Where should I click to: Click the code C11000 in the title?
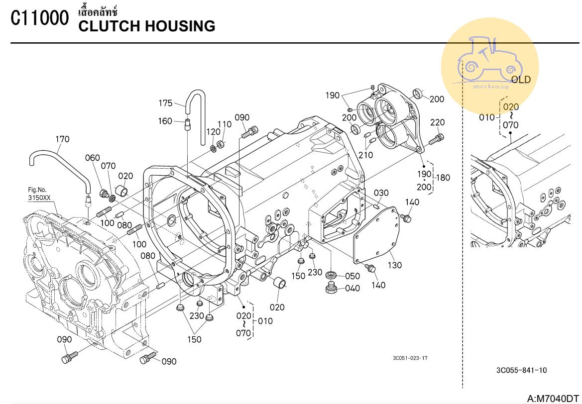pyautogui.click(x=39, y=19)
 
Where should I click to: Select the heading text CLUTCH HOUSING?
pyautogui.click(x=147, y=26)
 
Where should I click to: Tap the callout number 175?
pyautogui.click(x=165, y=103)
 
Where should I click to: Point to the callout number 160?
pyautogui.click(x=165, y=121)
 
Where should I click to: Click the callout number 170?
pyautogui.click(x=62, y=139)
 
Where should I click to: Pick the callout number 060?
pyautogui.click(x=92, y=158)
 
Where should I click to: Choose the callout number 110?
pyautogui.click(x=225, y=124)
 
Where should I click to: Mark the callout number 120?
pyautogui.click(x=213, y=132)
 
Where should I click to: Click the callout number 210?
pyautogui.click(x=366, y=155)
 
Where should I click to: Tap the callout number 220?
pyautogui.click(x=438, y=122)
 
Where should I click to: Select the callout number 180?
pyautogui.click(x=443, y=178)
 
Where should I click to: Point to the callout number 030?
pyautogui.click(x=381, y=193)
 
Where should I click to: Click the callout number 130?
pyautogui.click(x=394, y=265)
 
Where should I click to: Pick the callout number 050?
pyautogui.click(x=352, y=276)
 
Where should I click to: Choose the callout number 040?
pyautogui.click(x=352, y=289)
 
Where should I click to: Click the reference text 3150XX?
pyautogui.click(x=39, y=198)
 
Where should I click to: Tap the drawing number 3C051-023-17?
pyautogui.click(x=410, y=358)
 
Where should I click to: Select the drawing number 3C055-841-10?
pyautogui.click(x=521, y=370)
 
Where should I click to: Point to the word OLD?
pyautogui.click(x=521, y=80)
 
